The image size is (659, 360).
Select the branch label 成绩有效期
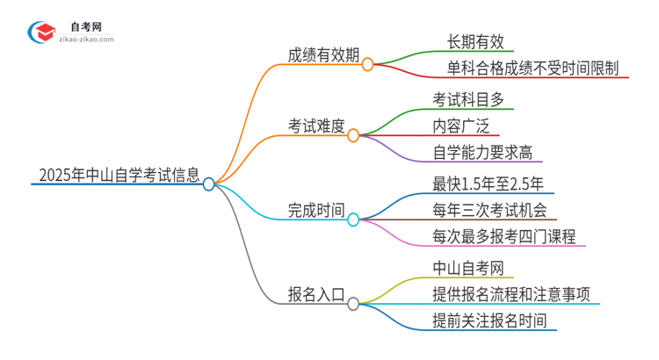324,54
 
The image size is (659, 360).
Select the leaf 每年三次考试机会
489,210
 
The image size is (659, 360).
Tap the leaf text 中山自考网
467,268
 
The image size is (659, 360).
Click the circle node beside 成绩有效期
368,64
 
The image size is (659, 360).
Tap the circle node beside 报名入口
353,304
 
